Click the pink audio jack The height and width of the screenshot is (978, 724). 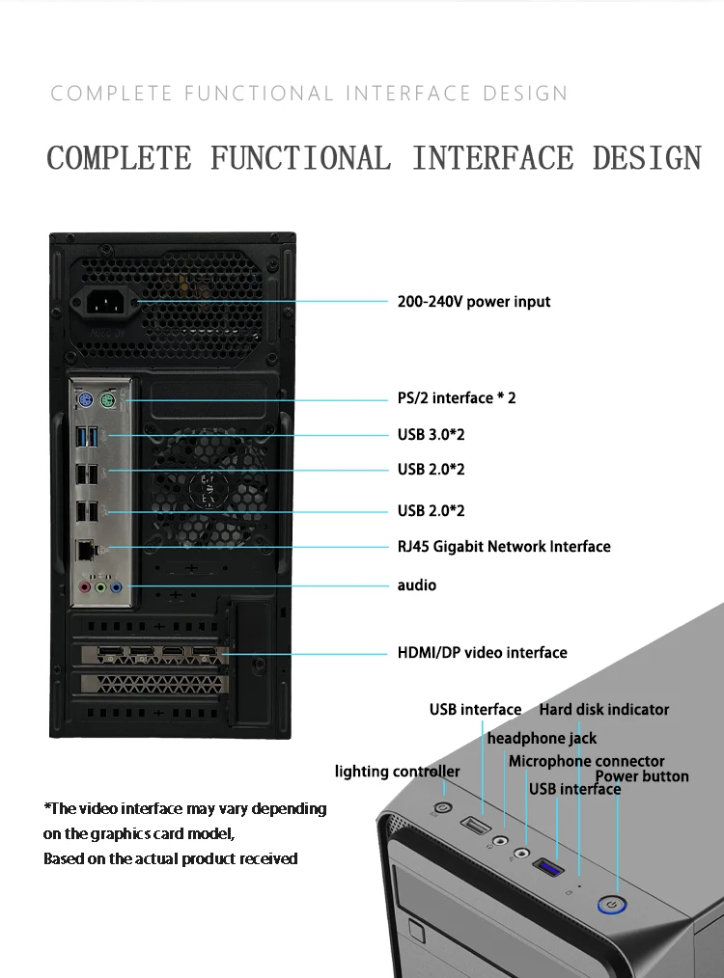pyautogui.click(x=86, y=585)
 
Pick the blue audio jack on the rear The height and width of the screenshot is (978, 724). pyautogui.click(x=116, y=585)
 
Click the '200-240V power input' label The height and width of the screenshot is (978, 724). pyautogui.click(x=474, y=302)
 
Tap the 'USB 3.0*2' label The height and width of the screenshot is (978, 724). pyautogui.click(x=432, y=435)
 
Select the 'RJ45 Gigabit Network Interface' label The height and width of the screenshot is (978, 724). pyautogui.click(x=504, y=547)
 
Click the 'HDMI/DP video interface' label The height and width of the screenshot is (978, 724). pyautogui.click(x=483, y=653)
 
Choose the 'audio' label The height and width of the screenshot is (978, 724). pyautogui.click(x=417, y=585)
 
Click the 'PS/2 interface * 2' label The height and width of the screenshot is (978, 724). pyautogui.click(x=457, y=397)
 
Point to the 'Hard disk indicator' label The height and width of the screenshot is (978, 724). pyautogui.click(x=604, y=710)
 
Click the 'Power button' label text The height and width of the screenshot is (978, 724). pyautogui.click(x=642, y=776)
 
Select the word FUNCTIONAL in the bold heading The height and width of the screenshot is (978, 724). pyautogui.click(x=301, y=158)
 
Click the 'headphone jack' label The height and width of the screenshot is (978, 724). pyautogui.click(x=542, y=739)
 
